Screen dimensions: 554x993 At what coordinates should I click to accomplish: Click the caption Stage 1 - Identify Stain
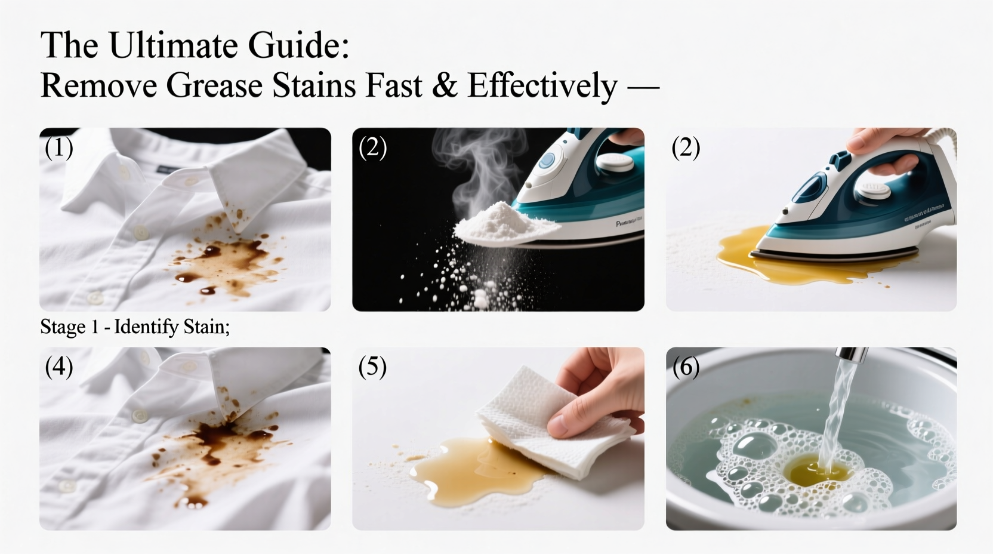pyautogui.click(x=135, y=327)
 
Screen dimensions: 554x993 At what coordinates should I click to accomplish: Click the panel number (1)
pyautogui.click(x=58, y=147)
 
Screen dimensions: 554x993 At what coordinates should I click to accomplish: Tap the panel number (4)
pyautogui.click(x=58, y=367)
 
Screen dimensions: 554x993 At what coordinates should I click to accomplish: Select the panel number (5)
pyautogui.click(x=372, y=367)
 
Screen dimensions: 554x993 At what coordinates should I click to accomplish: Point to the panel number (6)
pyautogui.click(x=686, y=367)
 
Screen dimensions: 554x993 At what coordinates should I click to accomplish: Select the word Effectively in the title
pyautogui.click(x=542, y=85)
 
